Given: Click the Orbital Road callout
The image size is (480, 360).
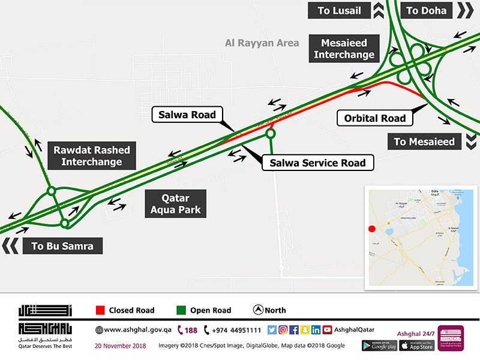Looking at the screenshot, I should (x=375, y=118).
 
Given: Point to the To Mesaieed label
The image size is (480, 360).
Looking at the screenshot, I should (x=424, y=142).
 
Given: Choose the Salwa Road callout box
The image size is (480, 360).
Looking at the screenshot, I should (x=188, y=115).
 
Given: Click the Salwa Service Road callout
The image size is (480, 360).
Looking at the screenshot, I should (x=317, y=163).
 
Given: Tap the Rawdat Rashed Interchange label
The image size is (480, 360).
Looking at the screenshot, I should (x=91, y=155).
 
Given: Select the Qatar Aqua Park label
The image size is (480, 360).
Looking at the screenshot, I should (x=175, y=204).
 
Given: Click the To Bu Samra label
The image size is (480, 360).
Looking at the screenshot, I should (x=62, y=246).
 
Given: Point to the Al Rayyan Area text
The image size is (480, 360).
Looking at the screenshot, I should (x=262, y=43).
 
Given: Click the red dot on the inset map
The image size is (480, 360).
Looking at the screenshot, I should (x=372, y=229).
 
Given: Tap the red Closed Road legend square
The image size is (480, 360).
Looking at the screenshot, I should (x=100, y=310).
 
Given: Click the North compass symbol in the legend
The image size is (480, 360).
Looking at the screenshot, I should (x=258, y=310).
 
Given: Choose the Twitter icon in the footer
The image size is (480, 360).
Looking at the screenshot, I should (x=272, y=329).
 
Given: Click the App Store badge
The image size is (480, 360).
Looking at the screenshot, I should (x=416, y=345).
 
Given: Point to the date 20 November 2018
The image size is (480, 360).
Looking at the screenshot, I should (x=121, y=346).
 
